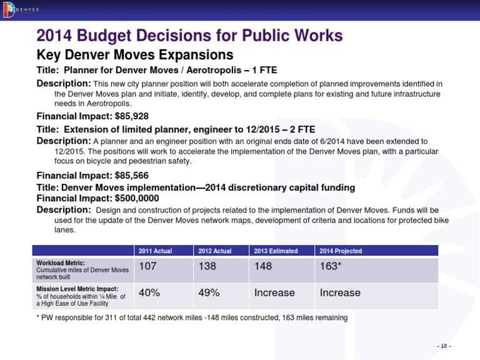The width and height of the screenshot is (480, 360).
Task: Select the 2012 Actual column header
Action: point(214,251)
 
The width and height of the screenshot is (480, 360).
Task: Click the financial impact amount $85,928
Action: point(128,116)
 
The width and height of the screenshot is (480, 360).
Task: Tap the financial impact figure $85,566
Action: point(128,176)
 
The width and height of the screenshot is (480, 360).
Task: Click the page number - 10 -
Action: point(444,346)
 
